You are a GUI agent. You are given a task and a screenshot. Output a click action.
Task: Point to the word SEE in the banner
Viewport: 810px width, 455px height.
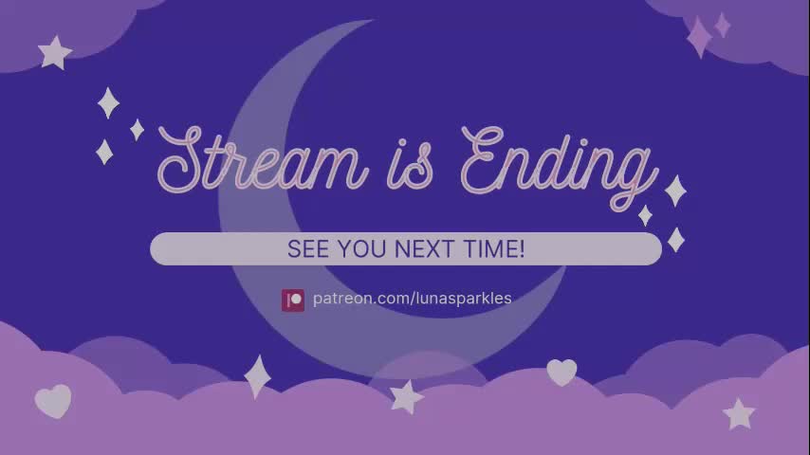click(x=305, y=249)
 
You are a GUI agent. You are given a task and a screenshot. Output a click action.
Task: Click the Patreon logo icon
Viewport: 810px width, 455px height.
click(x=293, y=300)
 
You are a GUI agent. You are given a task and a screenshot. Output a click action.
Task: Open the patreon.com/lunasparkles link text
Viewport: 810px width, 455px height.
click(x=413, y=299)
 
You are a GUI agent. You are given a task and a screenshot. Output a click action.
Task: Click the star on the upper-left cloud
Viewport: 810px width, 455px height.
click(x=55, y=52)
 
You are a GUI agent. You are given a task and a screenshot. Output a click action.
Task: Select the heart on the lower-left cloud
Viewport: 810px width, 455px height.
click(x=53, y=401)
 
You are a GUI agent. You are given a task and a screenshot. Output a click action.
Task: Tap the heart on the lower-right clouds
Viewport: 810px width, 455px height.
click(x=561, y=372)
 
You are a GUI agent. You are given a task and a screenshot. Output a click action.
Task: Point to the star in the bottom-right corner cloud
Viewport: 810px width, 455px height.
click(x=738, y=413)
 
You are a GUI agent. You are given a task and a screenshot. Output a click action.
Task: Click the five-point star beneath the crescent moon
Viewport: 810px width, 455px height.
click(x=407, y=396)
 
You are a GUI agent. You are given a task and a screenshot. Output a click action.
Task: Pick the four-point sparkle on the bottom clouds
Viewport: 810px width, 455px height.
click(x=257, y=375)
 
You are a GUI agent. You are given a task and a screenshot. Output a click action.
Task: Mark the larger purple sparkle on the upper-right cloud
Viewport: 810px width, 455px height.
click(x=699, y=37)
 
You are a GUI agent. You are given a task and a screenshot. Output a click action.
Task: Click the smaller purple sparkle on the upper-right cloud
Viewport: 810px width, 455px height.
click(x=723, y=25)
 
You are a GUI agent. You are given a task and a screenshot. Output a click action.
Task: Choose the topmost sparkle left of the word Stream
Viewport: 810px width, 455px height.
click(x=109, y=102)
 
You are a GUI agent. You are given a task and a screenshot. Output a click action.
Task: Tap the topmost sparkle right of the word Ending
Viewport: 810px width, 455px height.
click(x=675, y=191)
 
